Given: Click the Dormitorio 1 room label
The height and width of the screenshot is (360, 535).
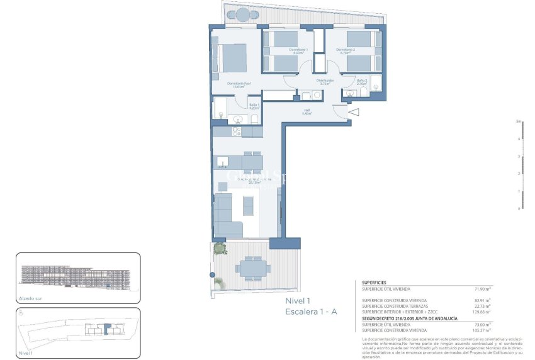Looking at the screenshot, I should click(298, 50).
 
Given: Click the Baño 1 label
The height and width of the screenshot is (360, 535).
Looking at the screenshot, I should click(254, 105).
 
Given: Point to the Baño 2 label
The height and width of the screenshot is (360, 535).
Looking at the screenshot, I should click(362, 81).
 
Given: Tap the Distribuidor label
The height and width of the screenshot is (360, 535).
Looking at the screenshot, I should click(325, 81).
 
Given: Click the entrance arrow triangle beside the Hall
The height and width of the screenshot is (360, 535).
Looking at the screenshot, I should click(353, 113).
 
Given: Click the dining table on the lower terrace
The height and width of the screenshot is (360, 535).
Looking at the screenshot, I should click(251, 269).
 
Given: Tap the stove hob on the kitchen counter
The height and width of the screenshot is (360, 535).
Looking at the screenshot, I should click(237, 132).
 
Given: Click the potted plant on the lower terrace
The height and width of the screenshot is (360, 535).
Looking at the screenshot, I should click(220, 249).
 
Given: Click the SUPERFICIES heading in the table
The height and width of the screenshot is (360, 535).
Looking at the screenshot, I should click(374, 283).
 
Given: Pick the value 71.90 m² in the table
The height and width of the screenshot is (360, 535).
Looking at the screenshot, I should click(481, 289).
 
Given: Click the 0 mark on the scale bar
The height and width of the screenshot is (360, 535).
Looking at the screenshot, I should click(519, 208).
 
